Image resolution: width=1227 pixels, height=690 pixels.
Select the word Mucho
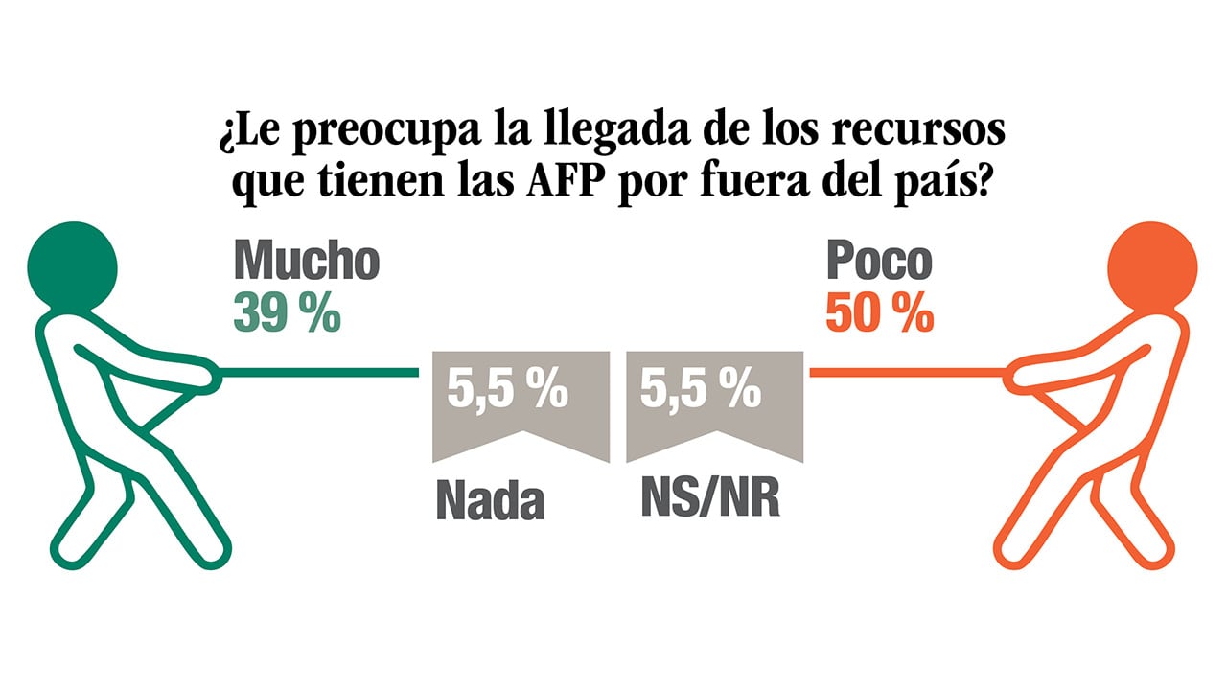coord(307,261)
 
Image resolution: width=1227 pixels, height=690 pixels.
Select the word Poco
coord(878,261)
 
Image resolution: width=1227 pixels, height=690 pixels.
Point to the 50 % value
coord(879,313)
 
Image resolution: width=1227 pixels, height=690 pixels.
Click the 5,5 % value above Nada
coord(507,391)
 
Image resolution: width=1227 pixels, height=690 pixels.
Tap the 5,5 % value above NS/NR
coord(701,391)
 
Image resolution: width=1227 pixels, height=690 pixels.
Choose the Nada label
coord(490,500)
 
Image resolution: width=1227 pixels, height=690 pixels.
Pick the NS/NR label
coord(709,497)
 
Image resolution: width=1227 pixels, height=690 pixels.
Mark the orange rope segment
coord(906,371)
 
